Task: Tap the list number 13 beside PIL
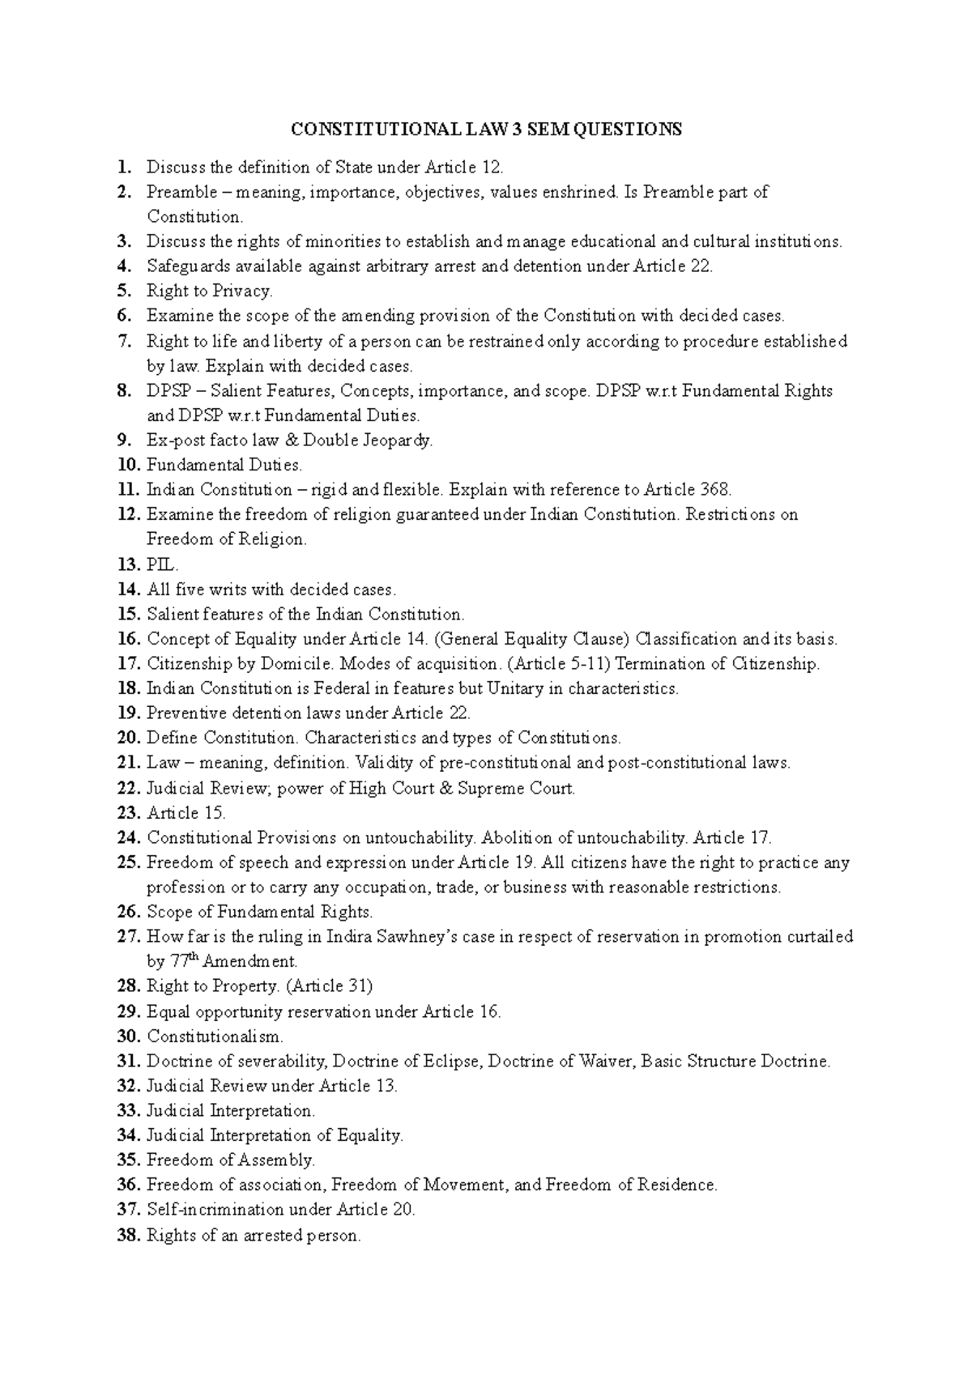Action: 130,564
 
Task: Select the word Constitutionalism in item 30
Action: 215,1037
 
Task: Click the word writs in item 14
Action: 228,590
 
